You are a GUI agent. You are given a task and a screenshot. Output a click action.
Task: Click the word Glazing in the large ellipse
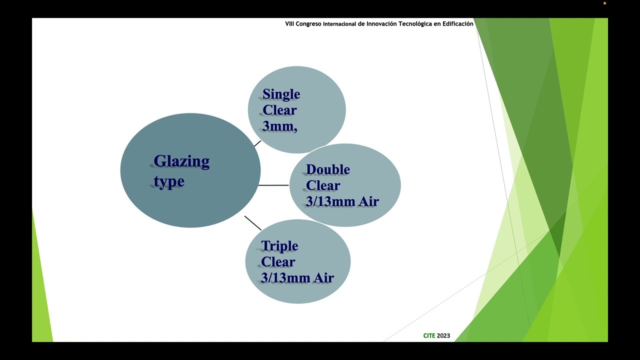[181, 162]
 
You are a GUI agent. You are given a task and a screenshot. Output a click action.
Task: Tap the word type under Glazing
[169, 181]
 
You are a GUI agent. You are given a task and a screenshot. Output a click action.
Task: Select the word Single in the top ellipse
[281, 94]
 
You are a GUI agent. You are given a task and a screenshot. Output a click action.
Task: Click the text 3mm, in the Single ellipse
[279, 126]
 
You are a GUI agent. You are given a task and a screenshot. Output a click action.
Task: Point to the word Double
[327, 170]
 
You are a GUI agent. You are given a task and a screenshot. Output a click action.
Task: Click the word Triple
[279, 246]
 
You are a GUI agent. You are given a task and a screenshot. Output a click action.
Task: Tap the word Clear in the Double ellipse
[323, 185]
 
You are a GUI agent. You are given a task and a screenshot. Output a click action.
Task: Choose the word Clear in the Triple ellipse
[278, 262]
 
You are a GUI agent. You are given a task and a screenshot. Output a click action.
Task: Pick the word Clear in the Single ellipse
[279, 110]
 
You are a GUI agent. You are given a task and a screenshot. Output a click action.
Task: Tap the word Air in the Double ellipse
[369, 201]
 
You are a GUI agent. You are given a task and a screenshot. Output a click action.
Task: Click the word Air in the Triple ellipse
[324, 278]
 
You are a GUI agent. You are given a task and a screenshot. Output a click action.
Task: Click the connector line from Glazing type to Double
[273, 185]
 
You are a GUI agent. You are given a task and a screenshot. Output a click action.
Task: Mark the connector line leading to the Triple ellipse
[253, 223]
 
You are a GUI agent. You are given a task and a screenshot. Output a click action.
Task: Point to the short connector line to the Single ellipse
[257, 143]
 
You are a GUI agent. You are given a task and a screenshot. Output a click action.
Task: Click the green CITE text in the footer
[429, 335]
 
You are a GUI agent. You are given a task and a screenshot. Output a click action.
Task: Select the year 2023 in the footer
[443, 335]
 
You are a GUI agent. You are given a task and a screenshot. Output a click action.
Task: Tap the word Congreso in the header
[308, 24]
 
